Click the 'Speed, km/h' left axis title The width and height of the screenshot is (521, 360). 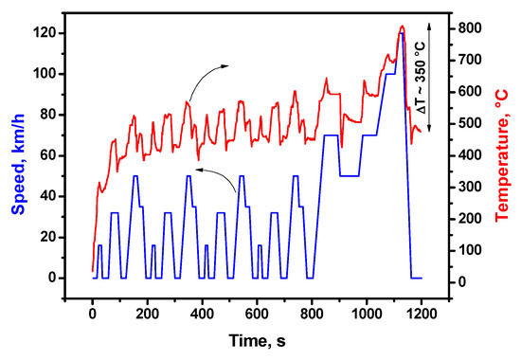[13, 155]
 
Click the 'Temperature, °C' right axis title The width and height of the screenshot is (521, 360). [507, 155]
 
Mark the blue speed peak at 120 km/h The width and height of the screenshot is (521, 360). [402, 34]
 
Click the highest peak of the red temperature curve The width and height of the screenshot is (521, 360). [402, 27]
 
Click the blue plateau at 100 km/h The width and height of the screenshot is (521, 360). [389, 74]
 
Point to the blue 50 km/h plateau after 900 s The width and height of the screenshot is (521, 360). [349, 176]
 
